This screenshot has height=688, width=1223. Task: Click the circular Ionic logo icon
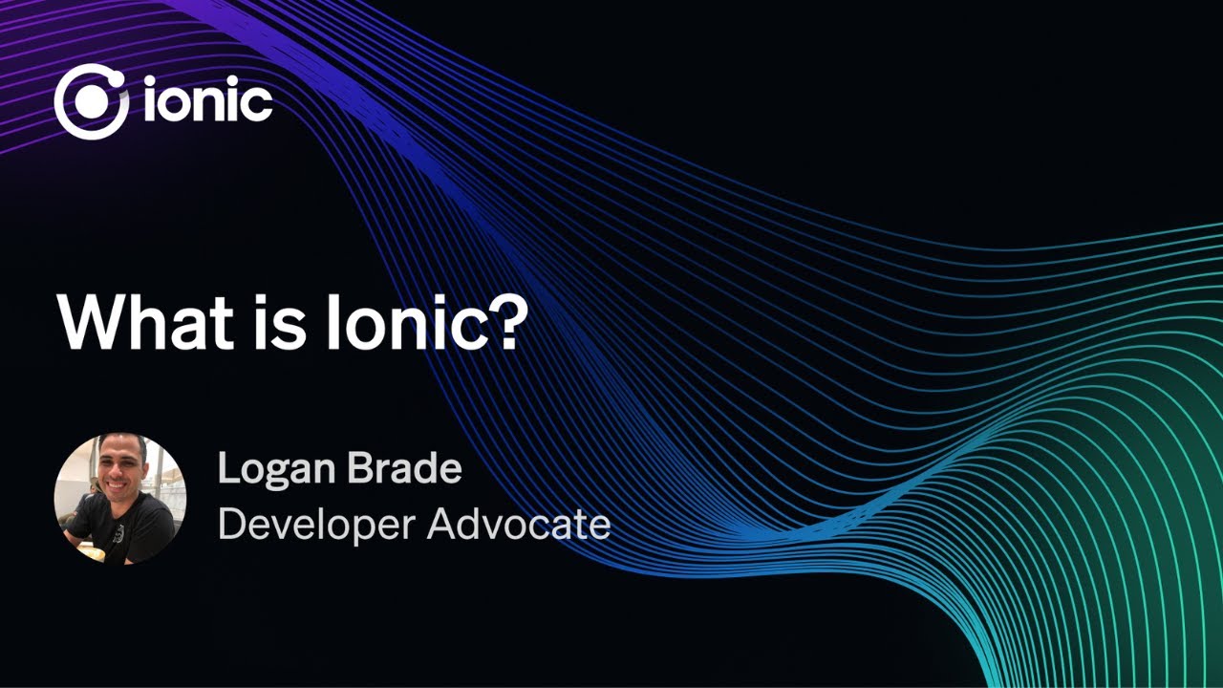coord(92,102)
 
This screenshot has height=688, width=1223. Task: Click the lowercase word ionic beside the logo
coord(208,102)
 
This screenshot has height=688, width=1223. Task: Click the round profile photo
coord(119,498)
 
